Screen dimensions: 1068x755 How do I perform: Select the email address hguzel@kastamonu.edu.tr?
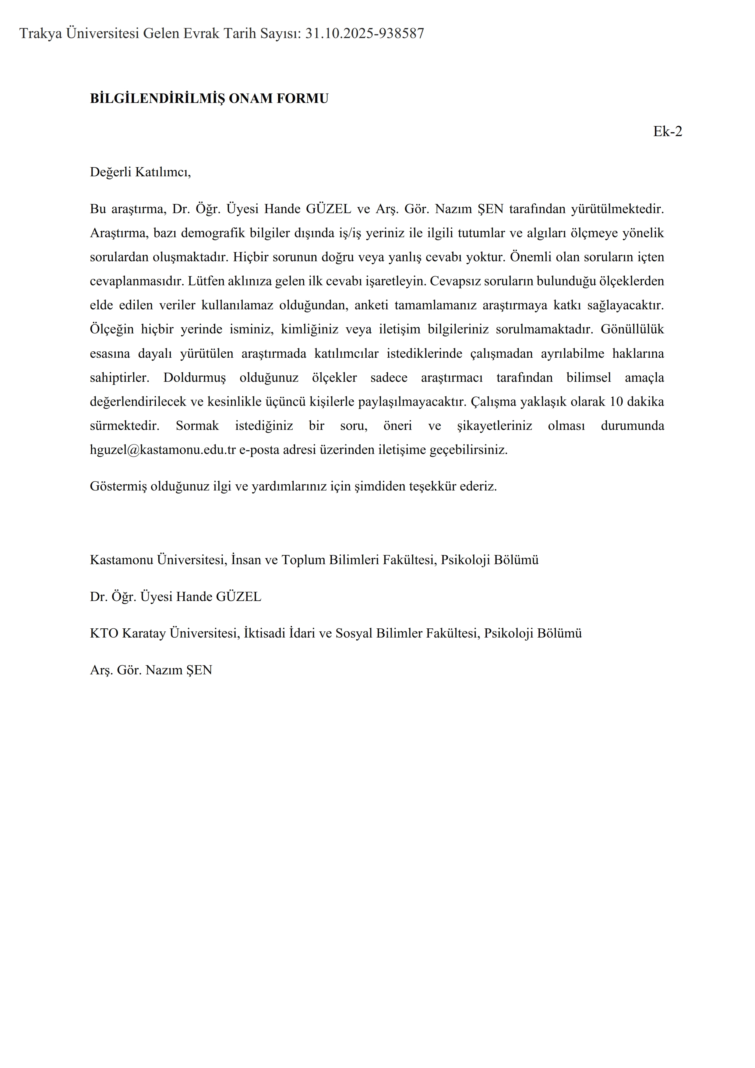point(163,450)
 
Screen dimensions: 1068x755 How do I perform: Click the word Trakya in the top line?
point(41,33)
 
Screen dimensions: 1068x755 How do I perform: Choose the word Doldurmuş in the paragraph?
point(194,378)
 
